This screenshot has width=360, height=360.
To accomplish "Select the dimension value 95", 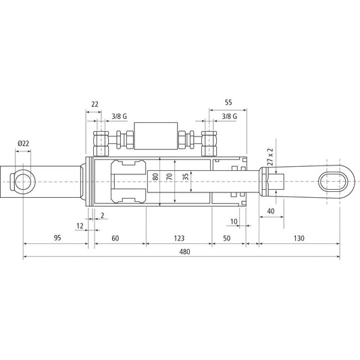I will tap(57, 238).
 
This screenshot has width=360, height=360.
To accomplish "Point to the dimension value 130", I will tap(297, 238).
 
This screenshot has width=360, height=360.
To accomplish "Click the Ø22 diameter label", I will tap(23, 144).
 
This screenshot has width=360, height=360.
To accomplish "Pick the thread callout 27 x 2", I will tap(270, 156).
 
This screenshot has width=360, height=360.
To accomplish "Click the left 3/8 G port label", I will tap(116, 118).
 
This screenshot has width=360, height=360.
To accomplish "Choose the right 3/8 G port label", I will tap(229, 118).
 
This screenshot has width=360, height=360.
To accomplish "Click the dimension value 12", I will tap(80, 226).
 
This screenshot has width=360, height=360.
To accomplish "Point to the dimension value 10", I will tap(233, 221).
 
